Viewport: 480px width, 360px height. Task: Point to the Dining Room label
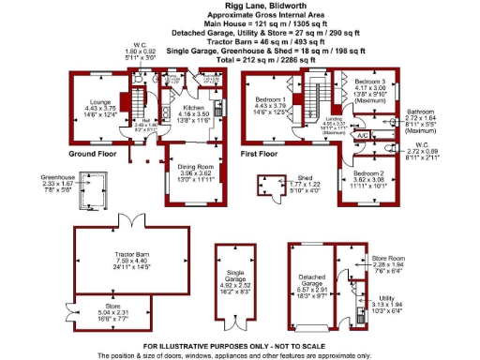pos(185,168)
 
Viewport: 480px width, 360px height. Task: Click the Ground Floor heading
pos(92,152)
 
